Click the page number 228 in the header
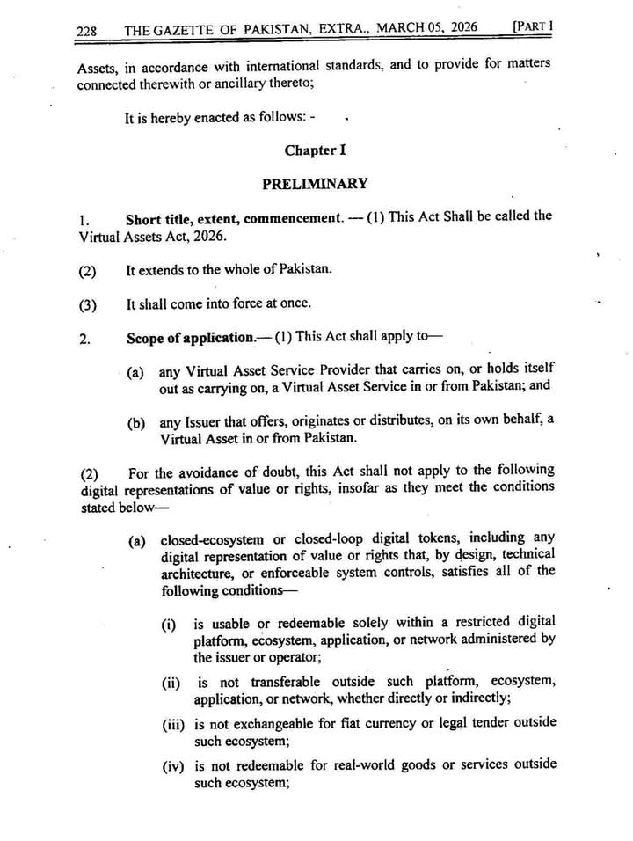pyautogui.click(x=86, y=31)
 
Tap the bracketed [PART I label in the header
pyautogui.click(x=533, y=26)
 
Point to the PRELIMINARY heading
pyautogui.click(x=315, y=184)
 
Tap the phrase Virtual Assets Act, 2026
pyautogui.click(x=151, y=237)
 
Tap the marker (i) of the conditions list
pyautogui.click(x=168, y=625)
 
